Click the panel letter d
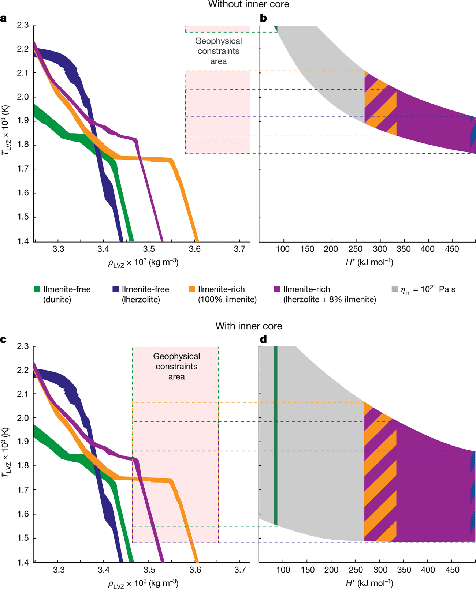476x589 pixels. pos(263,339)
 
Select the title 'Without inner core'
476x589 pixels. pos(249,4)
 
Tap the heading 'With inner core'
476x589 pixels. pos(249,326)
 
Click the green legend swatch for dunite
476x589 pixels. pos(37,289)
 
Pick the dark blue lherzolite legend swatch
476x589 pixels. pos(116,289)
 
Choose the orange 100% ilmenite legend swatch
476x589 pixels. pos(192,289)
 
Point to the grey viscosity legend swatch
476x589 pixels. pos(395,289)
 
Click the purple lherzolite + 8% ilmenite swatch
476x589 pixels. pos(277,289)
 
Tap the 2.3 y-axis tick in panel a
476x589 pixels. pos(23,25)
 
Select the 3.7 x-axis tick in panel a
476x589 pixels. pos(239,249)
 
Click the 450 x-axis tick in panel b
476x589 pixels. pos(452,249)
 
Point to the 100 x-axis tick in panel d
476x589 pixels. pos(283,570)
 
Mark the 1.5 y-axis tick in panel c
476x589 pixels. pos(23,538)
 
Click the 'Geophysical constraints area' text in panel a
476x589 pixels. pos(218,51)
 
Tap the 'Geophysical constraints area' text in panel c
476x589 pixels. pos(176,367)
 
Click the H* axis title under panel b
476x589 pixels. pos(369,262)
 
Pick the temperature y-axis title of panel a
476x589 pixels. pos(5,130)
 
